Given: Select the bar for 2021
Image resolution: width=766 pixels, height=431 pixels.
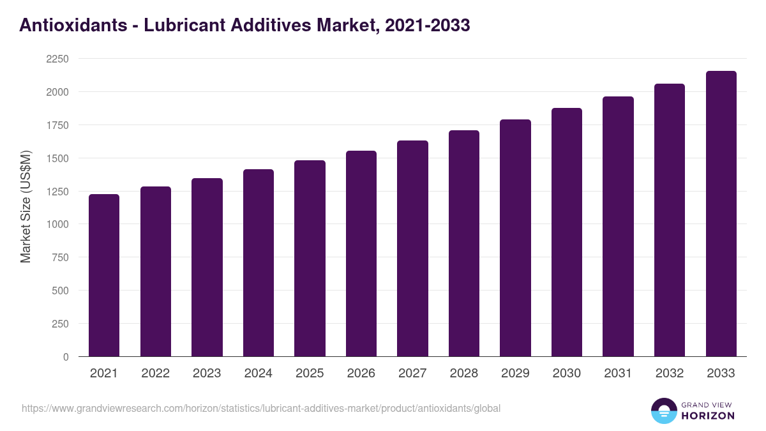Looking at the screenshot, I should [104, 275].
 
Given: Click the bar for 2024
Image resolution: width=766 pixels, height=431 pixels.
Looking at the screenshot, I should [259, 262].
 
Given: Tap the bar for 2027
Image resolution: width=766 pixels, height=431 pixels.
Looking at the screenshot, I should [412, 248].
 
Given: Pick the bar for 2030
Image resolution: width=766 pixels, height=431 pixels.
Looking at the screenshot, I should [567, 232].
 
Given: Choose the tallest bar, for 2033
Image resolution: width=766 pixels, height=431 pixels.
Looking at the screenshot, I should [721, 214].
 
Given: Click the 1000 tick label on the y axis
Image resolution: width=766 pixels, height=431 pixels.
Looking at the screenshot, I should [56, 224].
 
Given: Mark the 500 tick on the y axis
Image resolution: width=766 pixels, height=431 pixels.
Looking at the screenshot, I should [59, 291].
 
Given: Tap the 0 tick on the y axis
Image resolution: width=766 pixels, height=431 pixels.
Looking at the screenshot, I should [65, 357].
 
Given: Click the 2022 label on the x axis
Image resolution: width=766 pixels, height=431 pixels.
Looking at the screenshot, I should [155, 374].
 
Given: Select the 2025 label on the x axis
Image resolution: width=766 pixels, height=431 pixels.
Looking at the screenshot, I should [310, 374].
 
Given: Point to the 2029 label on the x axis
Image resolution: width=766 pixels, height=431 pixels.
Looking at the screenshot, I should [515, 374].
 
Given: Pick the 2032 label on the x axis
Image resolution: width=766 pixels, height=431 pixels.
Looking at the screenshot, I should [670, 374].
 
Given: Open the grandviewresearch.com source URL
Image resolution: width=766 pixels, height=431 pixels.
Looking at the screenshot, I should [261, 408].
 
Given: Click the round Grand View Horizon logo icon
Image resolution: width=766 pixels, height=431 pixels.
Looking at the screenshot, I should [664, 411].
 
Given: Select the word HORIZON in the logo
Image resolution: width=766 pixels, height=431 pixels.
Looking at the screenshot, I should [708, 416].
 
